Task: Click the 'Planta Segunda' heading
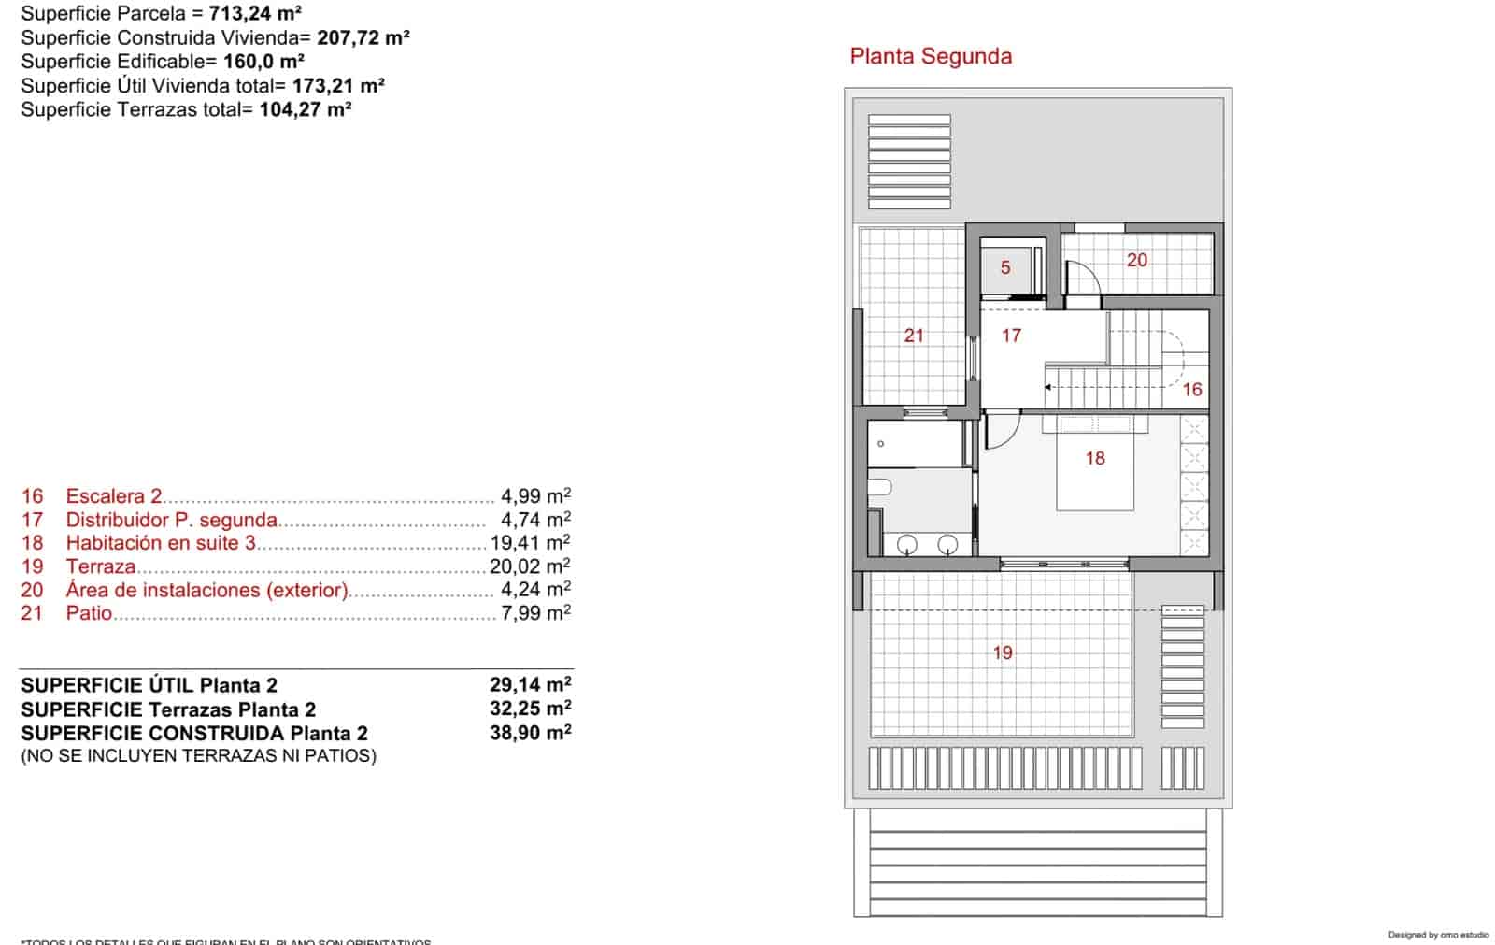pyautogui.click(x=931, y=56)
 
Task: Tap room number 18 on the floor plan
pyautogui.click(x=1095, y=458)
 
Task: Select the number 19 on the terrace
pyautogui.click(x=1003, y=652)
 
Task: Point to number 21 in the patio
pyautogui.click(x=914, y=335)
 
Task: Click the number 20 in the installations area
pyautogui.click(x=1136, y=261)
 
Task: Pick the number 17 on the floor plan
pyautogui.click(x=1011, y=335)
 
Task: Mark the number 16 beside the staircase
pyautogui.click(x=1192, y=390)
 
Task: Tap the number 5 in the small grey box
pyautogui.click(x=1005, y=268)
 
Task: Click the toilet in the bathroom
pyautogui.click(x=880, y=486)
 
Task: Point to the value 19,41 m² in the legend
pyautogui.click(x=530, y=543)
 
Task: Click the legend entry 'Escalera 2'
pyautogui.click(x=114, y=496)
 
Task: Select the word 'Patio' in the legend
pyautogui.click(x=89, y=614)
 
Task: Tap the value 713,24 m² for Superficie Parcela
pyautogui.click(x=254, y=14)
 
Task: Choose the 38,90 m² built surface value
pyautogui.click(x=530, y=733)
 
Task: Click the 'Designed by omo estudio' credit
pyautogui.click(x=1438, y=935)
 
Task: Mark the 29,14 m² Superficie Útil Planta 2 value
pyautogui.click(x=530, y=685)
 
